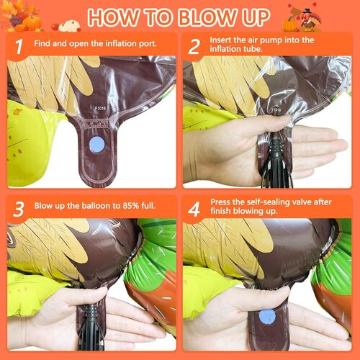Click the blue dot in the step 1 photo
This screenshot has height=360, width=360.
(97, 145)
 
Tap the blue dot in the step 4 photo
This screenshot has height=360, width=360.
(267, 318)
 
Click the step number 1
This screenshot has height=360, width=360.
(19, 47)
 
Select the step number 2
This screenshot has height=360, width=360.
(194, 47)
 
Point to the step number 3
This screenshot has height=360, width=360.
(19, 209)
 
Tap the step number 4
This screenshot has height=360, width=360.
(194, 210)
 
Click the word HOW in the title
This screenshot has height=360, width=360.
(114, 18)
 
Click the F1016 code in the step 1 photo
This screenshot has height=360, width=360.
(100, 108)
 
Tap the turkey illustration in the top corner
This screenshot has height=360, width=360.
(308, 21)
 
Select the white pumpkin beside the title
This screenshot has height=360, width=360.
(69, 26)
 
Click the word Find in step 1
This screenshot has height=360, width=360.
(42, 43)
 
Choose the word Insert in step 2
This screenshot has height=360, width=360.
(220, 40)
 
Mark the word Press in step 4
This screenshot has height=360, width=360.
(221, 202)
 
